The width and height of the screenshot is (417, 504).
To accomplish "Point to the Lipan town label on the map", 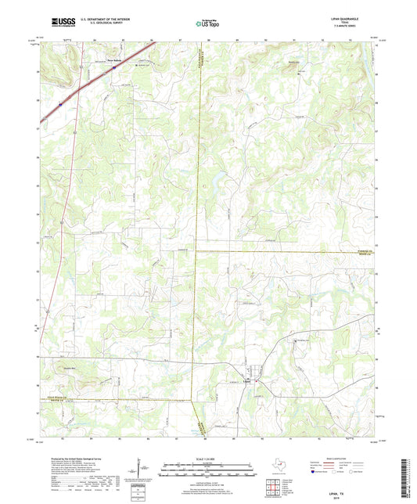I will click(246, 382).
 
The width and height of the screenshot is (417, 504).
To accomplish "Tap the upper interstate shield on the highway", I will click(113, 69).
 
